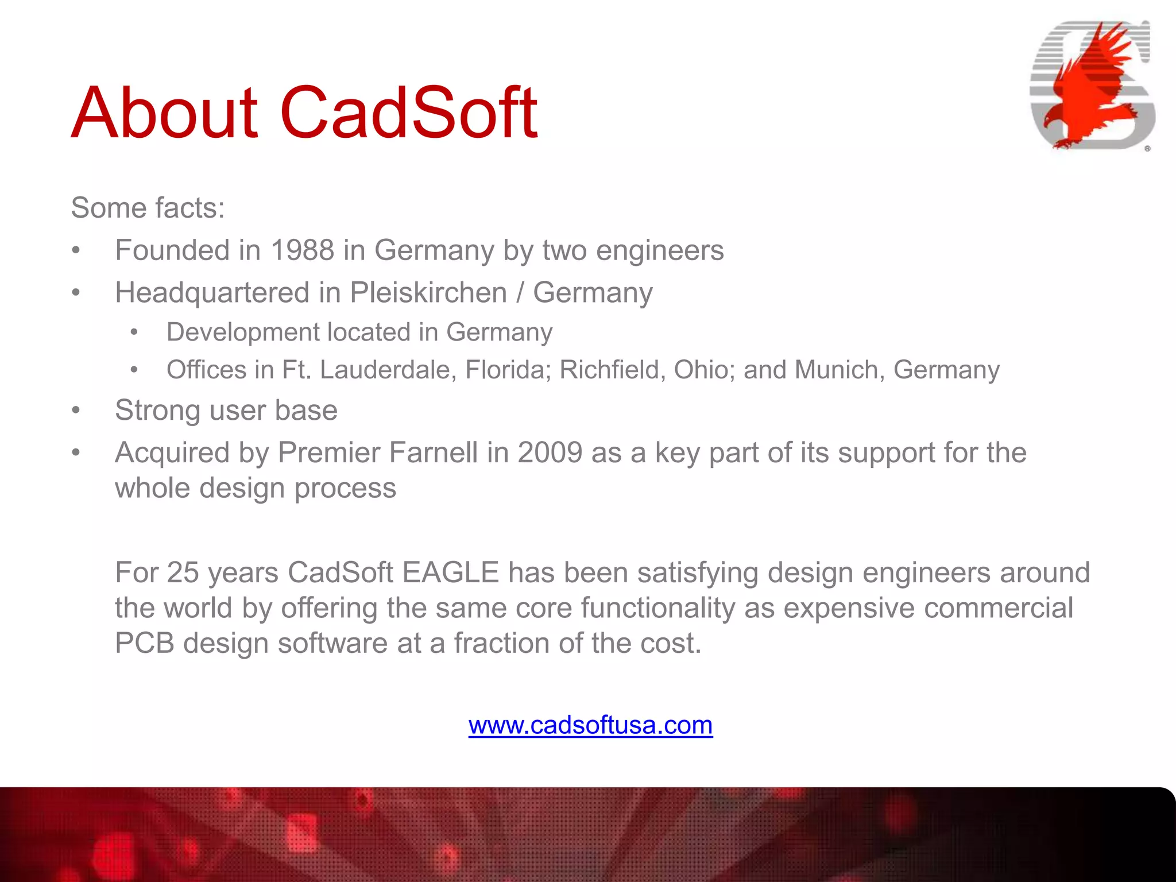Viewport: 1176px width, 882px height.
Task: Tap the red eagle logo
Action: pyautogui.click(x=1091, y=86)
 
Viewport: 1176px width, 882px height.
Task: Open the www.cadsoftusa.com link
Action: pyautogui.click(x=590, y=725)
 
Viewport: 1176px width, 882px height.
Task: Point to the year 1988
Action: pyautogui.click(x=302, y=250)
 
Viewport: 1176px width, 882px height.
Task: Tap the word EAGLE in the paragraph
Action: pyautogui.click(x=451, y=572)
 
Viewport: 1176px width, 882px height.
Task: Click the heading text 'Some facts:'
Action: pyautogui.click(x=148, y=208)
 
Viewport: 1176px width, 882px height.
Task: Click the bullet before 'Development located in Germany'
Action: pyautogui.click(x=134, y=332)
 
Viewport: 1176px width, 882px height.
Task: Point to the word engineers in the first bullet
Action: pyautogui.click(x=660, y=251)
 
